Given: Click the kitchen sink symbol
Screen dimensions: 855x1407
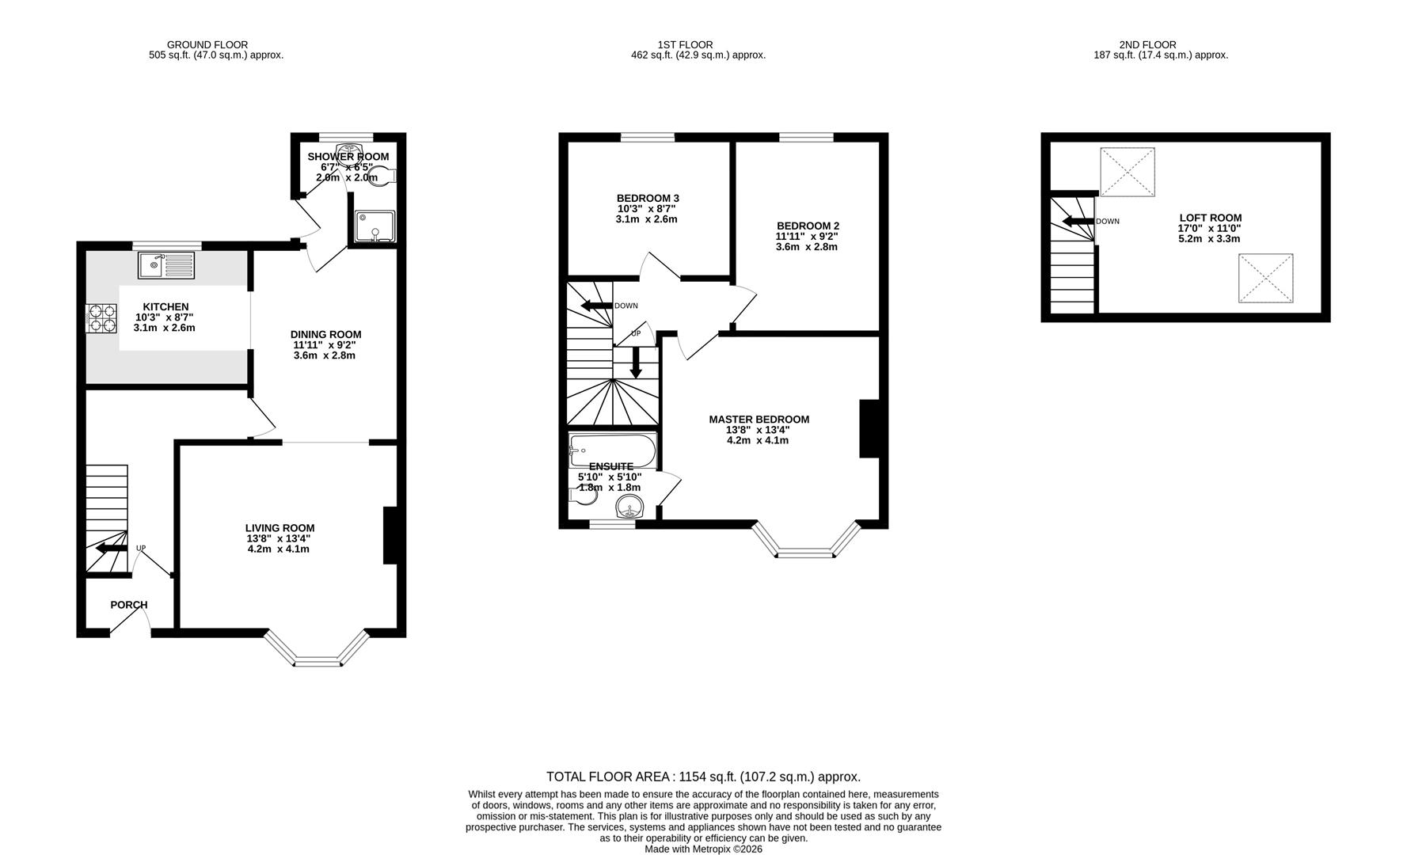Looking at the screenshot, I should (x=165, y=265).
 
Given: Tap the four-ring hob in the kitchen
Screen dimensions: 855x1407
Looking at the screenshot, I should (x=101, y=317).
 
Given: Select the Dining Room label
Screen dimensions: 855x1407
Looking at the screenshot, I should (x=325, y=334).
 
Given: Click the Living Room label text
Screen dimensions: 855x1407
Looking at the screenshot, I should (x=279, y=528).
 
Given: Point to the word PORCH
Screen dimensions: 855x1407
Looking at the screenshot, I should (x=128, y=605).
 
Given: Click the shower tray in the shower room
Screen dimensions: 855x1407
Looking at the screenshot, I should (x=373, y=226).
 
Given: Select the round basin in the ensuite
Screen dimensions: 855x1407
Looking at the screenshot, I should (x=630, y=505).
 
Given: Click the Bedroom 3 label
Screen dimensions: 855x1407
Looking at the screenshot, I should (x=648, y=198).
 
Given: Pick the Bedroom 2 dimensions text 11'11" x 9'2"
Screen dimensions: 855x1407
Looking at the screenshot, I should (x=807, y=236).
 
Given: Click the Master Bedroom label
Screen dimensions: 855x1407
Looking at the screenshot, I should (x=759, y=420).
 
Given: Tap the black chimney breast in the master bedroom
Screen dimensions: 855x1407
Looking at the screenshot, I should (x=869, y=429).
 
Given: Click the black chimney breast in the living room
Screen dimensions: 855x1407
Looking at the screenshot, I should (x=390, y=536).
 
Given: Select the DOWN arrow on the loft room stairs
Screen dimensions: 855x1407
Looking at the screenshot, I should (x=1077, y=221).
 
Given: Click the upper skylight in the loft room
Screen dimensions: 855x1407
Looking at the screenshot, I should (x=1128, y=172).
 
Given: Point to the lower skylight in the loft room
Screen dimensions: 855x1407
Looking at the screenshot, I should (x=1265, y=278).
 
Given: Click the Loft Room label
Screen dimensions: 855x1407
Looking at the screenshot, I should (x=1210, y=218).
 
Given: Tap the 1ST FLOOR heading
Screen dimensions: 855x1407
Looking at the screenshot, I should (x=685, y=45).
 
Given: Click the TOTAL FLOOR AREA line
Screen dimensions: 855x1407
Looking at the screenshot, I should (x=703, y=777).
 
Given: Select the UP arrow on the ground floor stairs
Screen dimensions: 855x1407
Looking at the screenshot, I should (x=111, y=548).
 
